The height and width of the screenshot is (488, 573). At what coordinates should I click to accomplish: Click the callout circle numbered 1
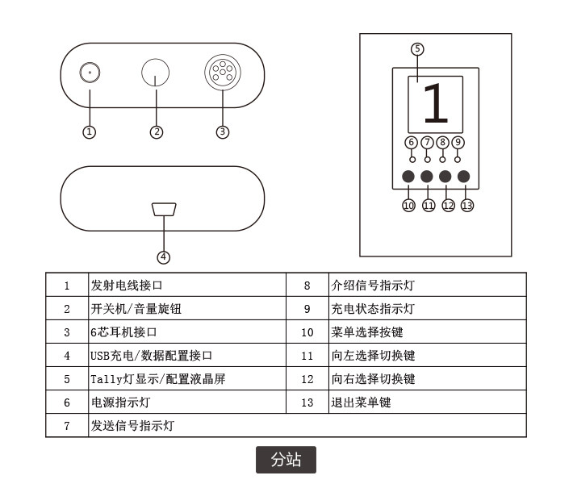click(90, 131)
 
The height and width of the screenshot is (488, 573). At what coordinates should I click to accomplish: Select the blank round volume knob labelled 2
click(157, 73)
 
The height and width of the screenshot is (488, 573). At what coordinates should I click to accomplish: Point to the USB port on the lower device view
click(164, 210)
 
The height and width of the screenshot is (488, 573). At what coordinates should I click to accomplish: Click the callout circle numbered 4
click(164, 257)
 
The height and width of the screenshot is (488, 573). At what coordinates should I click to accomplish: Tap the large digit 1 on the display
click(435, 103)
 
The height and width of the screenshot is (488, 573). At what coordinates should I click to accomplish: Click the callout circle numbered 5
click(416, 48)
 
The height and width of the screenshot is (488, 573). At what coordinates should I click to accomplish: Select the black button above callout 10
click(408, 177)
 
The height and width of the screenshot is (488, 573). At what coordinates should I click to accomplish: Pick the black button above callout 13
click(463, 177)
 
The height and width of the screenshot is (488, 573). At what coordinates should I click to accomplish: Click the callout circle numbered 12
click(448, 205)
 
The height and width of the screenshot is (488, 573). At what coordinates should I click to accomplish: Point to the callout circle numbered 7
click(427, 143)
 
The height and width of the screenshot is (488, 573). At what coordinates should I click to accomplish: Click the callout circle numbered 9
click(458, 143)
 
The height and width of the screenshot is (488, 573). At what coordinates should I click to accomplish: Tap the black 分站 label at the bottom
click(286, 460)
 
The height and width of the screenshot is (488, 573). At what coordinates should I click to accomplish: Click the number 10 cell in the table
click(307, 332)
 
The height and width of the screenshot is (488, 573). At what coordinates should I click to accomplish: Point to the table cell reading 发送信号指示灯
click(132, 425)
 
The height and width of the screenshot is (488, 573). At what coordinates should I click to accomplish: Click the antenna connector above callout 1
click(90, 73)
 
